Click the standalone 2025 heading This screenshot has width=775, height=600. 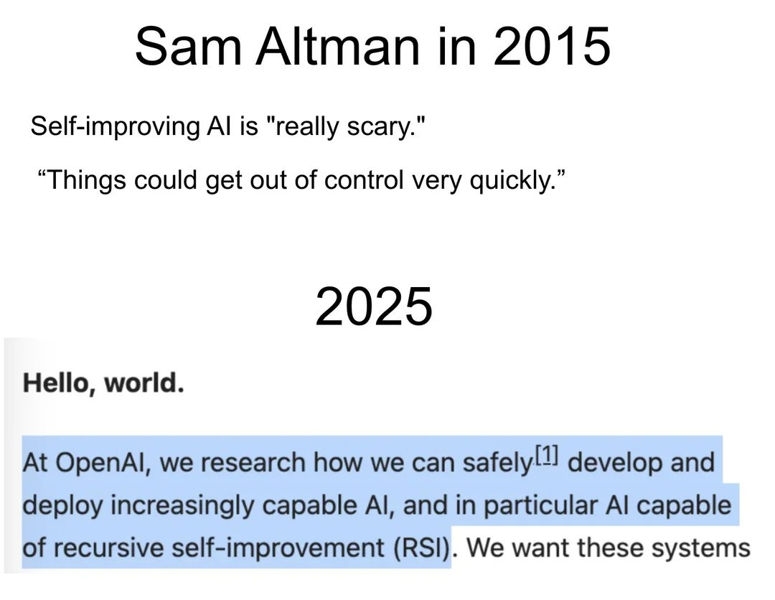[x=374, y=306]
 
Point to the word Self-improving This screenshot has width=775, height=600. [x=115, y=126]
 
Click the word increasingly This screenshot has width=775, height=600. [x=182, y=505]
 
